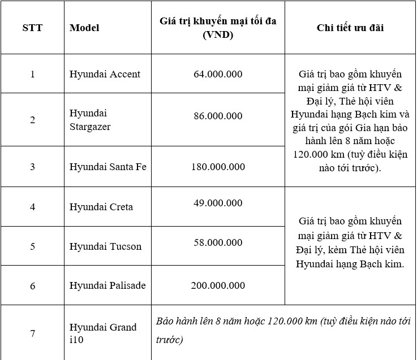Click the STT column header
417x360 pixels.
[x=32, y=28]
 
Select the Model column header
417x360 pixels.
[x=84, y=28]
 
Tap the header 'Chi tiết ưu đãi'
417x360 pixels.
[x=350, y=28]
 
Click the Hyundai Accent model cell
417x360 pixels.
[x=105, y=74]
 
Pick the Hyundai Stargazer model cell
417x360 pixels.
[x=90, y=120]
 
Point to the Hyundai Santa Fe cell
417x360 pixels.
[x=108, y=167]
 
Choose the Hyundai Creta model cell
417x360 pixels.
[x=101, y=207]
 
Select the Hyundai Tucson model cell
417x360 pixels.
[x=105, y=246]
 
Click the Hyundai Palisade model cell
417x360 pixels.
[x=108, y=285]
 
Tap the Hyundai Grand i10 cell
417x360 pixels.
[x=103, y=333]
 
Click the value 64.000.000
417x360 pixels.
[x=218, y=74]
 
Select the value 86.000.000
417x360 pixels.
[x=218, y=116]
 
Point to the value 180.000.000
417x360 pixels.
[x=218, y=167]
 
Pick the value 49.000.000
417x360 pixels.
[x=218, y=203]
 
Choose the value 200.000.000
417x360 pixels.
[x=218, y=285]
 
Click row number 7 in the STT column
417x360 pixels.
[x=32, y=333]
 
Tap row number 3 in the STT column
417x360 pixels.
[x=32, y=167]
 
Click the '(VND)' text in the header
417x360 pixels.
[x=218, y=34]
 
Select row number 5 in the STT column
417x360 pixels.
[x=32, y=246]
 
